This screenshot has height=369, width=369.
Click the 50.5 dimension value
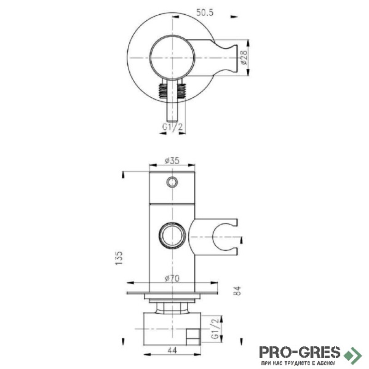[x=205, y=12]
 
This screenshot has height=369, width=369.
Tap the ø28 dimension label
[x=244, y=58]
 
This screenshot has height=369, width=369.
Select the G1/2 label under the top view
[x=173, y=127]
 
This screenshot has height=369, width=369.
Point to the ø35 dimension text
[x=172, y=161]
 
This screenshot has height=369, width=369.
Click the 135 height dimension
[x=119, y=258]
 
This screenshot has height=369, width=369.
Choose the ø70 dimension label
[x=172, y=279]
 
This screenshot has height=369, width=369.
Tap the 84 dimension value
[x=238, y=291]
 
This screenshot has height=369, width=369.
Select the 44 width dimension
[x=172, y=350]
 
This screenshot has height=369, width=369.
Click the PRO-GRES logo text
[x=300, y=352]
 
